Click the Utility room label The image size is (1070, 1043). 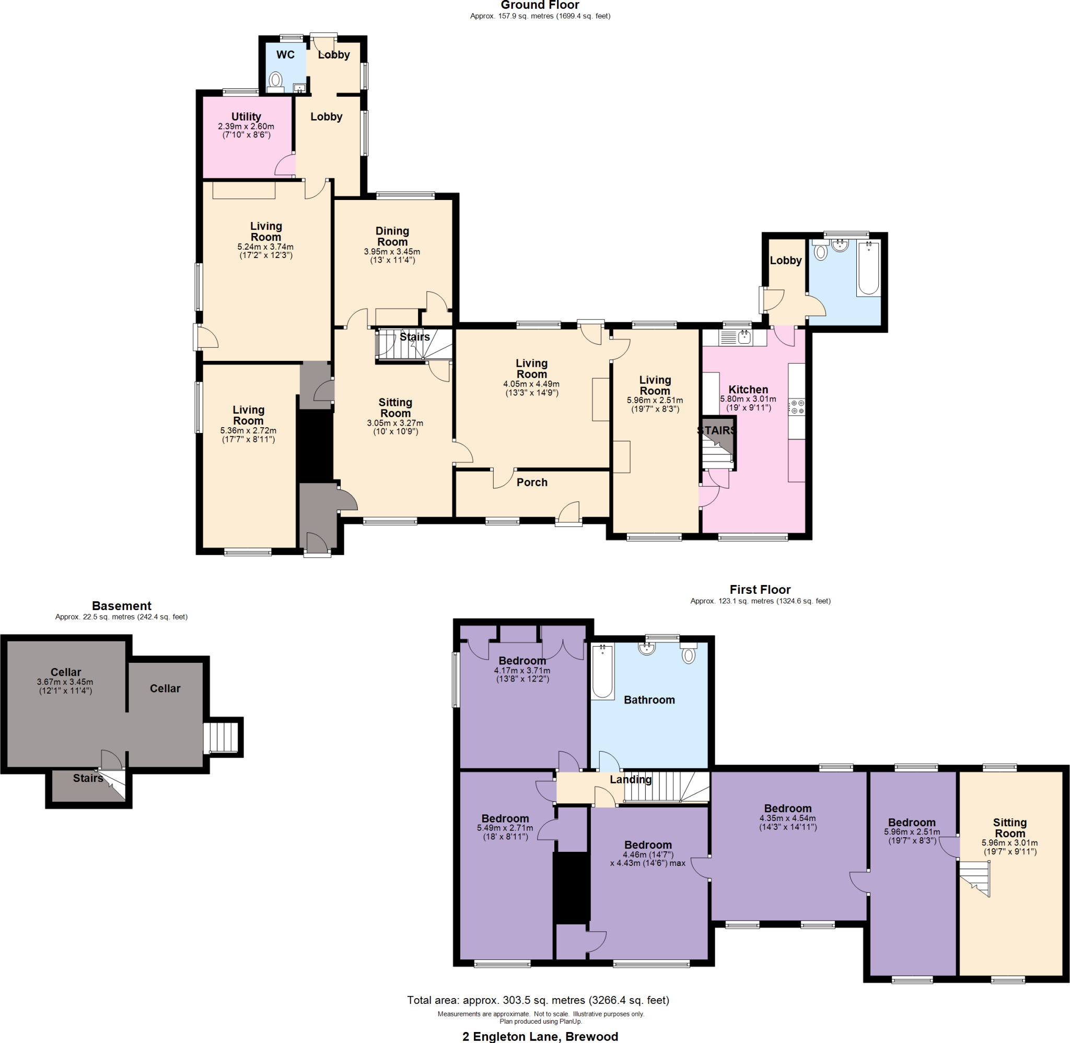coord(246,116)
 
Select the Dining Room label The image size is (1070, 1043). coord(392,237)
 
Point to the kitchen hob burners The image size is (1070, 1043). coord(797,407)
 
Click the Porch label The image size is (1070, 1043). coord(532,483)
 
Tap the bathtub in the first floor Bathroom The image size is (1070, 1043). coord(603,671)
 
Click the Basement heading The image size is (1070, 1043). coord(122,606)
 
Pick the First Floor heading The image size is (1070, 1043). coord(760,590)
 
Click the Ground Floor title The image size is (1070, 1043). coord(540,5)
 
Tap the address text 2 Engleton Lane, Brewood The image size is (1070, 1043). coord(540,1036)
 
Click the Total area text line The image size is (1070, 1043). coord(538,1000)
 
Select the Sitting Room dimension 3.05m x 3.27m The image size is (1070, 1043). coord(395,424)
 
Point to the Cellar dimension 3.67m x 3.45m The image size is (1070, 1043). coord(65,682)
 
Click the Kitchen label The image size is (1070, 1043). coord(748,390)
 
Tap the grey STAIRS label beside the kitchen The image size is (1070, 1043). coord(717,430)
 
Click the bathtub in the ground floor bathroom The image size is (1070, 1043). coord(869,268)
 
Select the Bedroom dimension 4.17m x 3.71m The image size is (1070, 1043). coord(522,671)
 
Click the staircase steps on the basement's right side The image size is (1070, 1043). coord(222,738)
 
